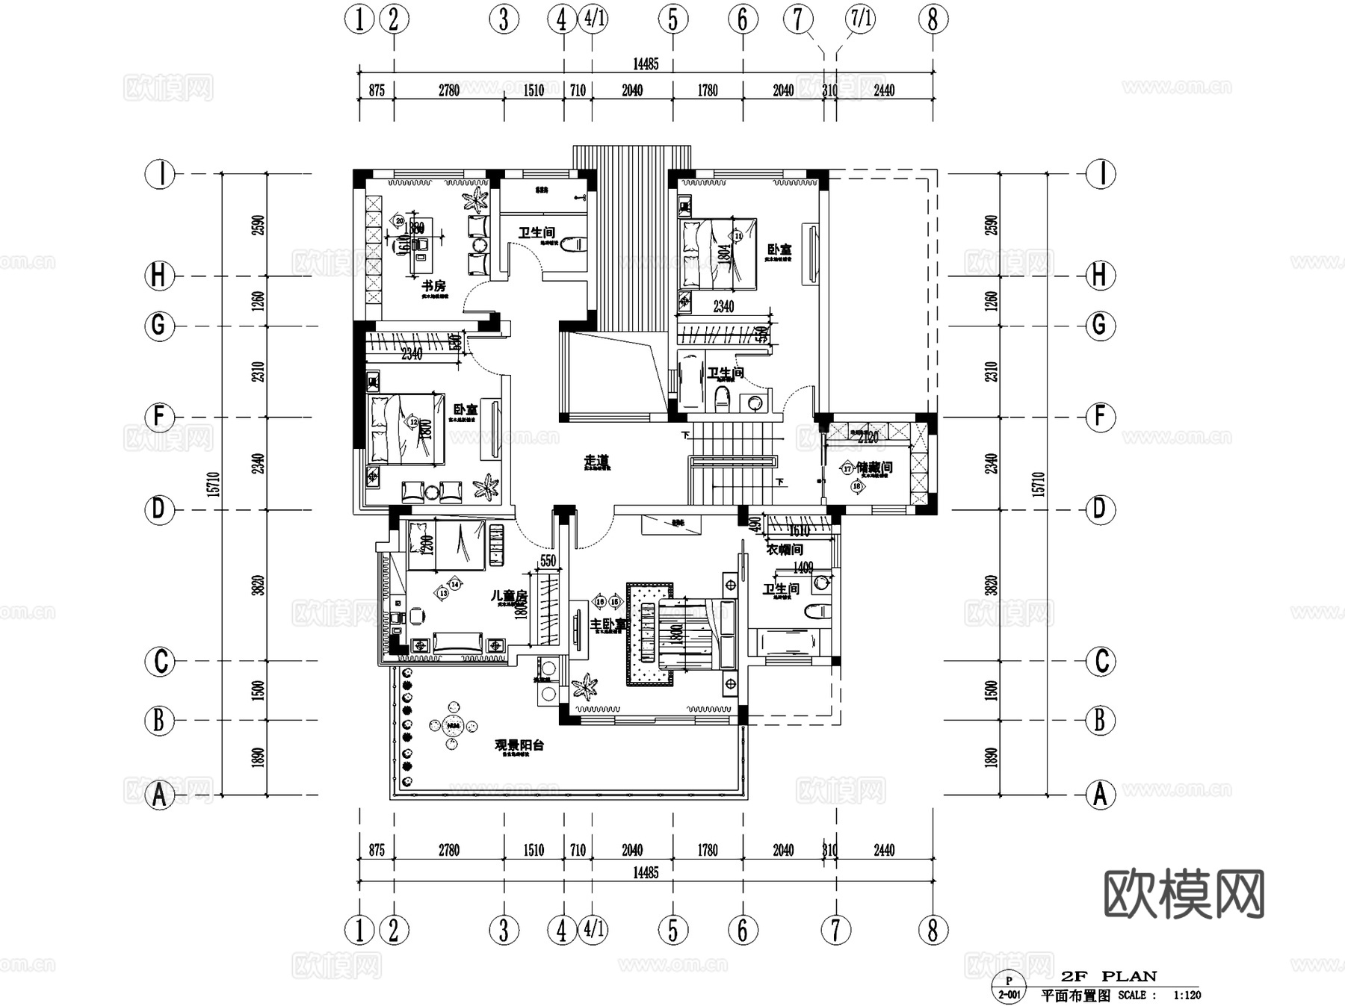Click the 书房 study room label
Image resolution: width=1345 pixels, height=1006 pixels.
pyautogui.click(x=433, y=285)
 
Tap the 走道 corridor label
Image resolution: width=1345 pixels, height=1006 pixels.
pyautogui.click(x=596, y=462)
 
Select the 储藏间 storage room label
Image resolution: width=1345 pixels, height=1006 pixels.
pyautogui.click(x=874, y=468)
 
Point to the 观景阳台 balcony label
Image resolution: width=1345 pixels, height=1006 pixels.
pyautogui.click(x=519, y=745)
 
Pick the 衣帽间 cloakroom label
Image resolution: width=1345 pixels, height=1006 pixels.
pyautogui.click(x=785, y=550)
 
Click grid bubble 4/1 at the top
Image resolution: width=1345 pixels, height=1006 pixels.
pyautogui.click(x=594, y=19)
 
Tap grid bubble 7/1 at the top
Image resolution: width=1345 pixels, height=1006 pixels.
pyautogui.click(x=861, y=19)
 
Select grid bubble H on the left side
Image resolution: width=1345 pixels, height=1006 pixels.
pyautogui.click(x=158, y=276)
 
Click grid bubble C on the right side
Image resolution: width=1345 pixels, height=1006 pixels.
pyautogui.click(x=1100, y=662)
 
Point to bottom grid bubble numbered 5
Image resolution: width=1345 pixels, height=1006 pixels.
pyautogui.click(x=672, y=931)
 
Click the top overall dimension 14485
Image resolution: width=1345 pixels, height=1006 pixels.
pyautogui.click(x=646, y=64)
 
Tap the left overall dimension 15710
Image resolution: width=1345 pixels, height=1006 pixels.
pyautogui.click(x=214, y=484)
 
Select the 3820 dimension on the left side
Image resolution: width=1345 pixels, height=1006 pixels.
pyautogui.click(x=258, y=585)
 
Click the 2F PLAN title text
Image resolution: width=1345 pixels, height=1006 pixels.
pyautogui.click(x=1109, y=976)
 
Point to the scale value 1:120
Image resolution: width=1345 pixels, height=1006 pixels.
pyautogui.click(x=1187, y=995)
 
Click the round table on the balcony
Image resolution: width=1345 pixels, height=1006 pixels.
pyautogui.click(x=452, y=725)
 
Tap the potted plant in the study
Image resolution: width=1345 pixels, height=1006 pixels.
pyautogui.click(x=475, y=199)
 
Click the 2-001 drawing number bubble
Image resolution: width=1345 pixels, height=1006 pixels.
pyautogui.click(x=1009, y=994)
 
